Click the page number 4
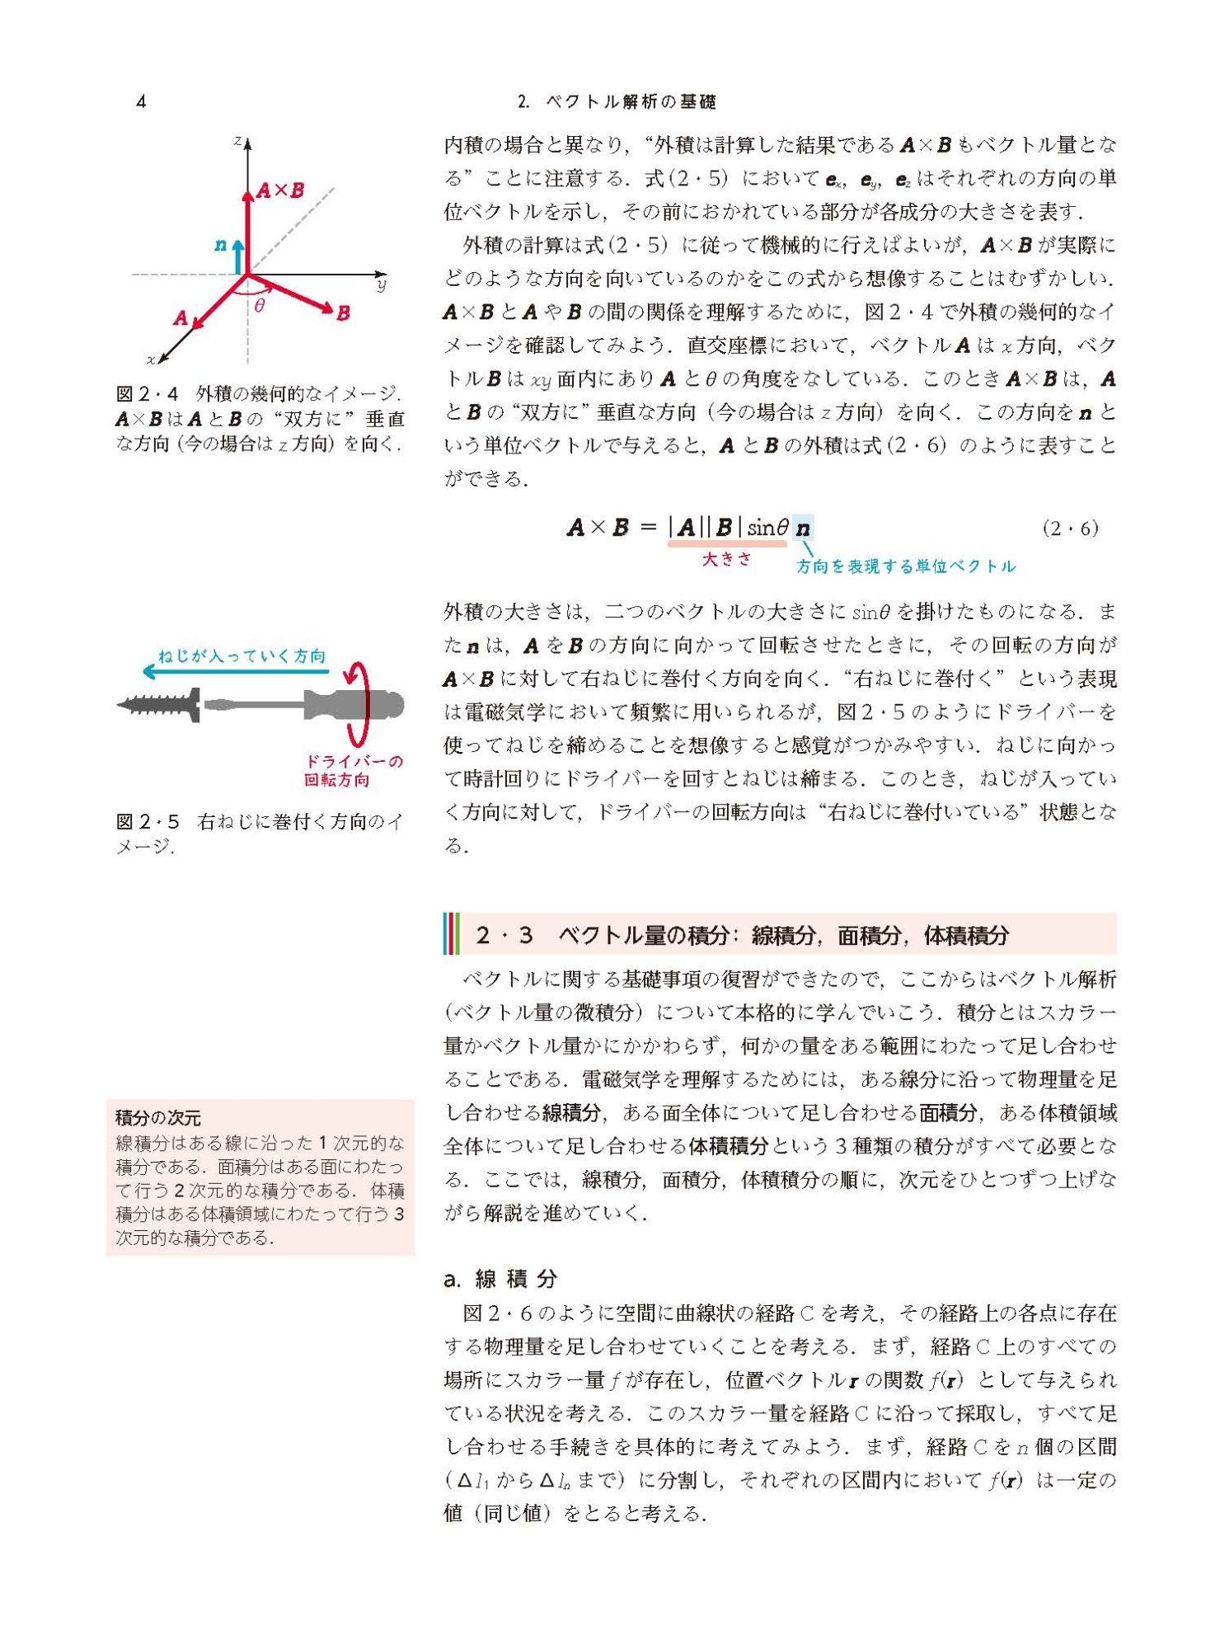(142, 101)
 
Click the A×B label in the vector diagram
(280, 190)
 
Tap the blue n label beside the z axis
(220, 245)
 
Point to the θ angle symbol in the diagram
(260, 306)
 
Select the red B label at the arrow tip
(343, 313)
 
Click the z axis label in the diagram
(237, 141)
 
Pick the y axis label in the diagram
(381, 285)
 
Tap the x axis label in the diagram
(152, 359)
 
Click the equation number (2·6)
(1070, 529)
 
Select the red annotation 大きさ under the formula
(726, 559)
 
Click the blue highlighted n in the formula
(803, 528)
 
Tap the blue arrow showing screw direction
(235, 672)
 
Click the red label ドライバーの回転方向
(354, 770)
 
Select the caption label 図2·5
(148, 822)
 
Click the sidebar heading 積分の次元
(158, 1118)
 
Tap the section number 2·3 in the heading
(504, 935)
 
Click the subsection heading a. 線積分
(500, 1279)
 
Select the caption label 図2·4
(148, 393)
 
